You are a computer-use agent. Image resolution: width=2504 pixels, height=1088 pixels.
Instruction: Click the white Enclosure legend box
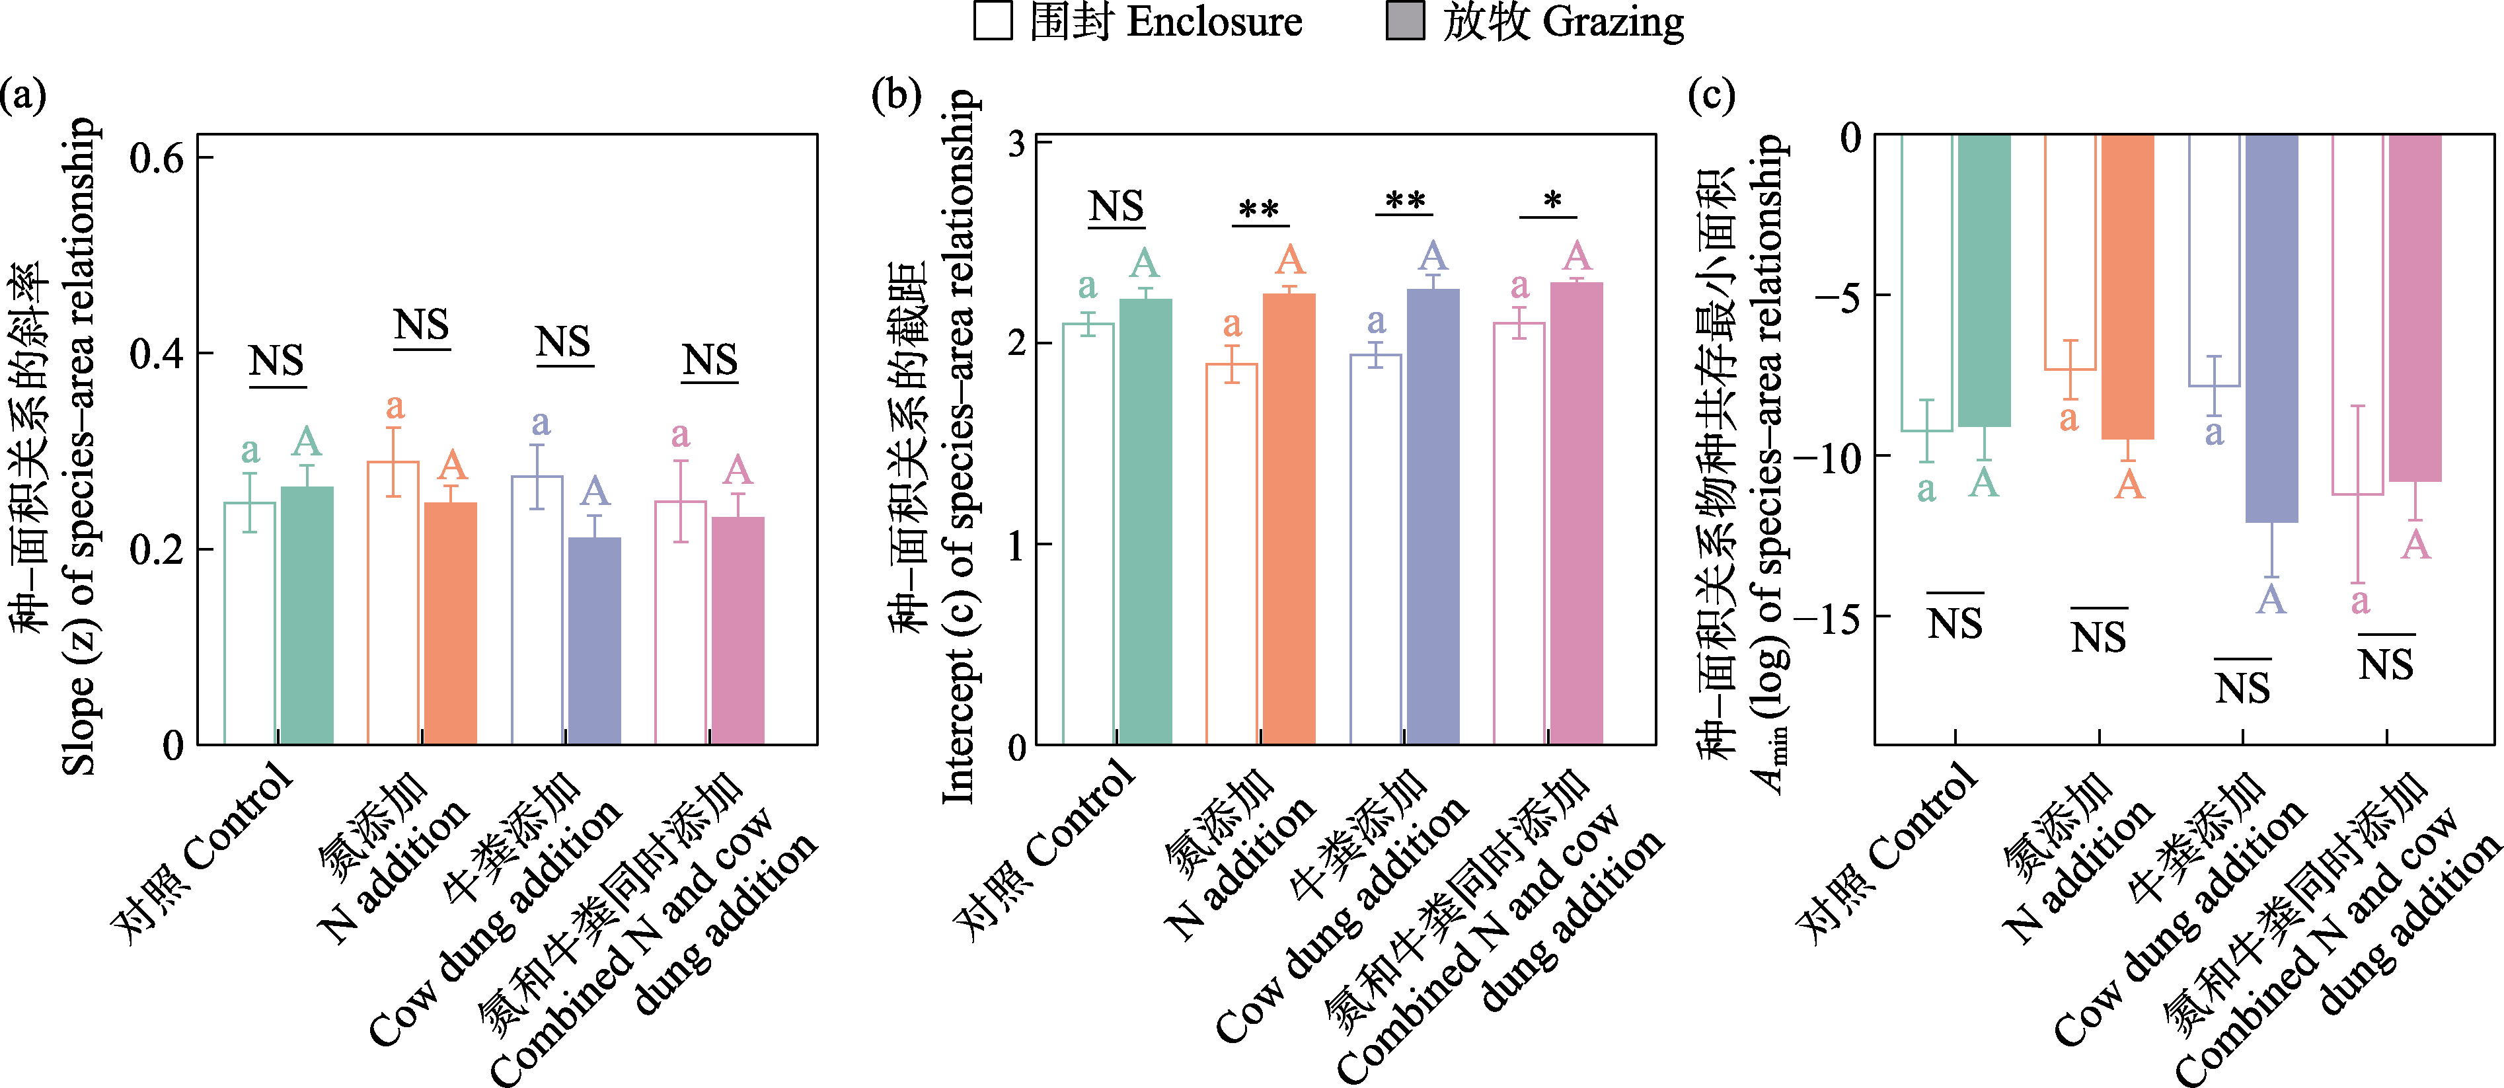[x=993, y=21]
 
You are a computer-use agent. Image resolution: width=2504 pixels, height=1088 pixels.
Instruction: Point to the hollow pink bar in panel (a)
[x=681, y=622]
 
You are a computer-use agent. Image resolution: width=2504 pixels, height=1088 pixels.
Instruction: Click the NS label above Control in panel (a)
[x=277, y=362]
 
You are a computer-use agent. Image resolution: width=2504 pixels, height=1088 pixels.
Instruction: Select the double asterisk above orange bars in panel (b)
[x=1259, y=211]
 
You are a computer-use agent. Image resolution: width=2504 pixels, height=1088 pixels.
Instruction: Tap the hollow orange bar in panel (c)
[x=2070, y=252]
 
